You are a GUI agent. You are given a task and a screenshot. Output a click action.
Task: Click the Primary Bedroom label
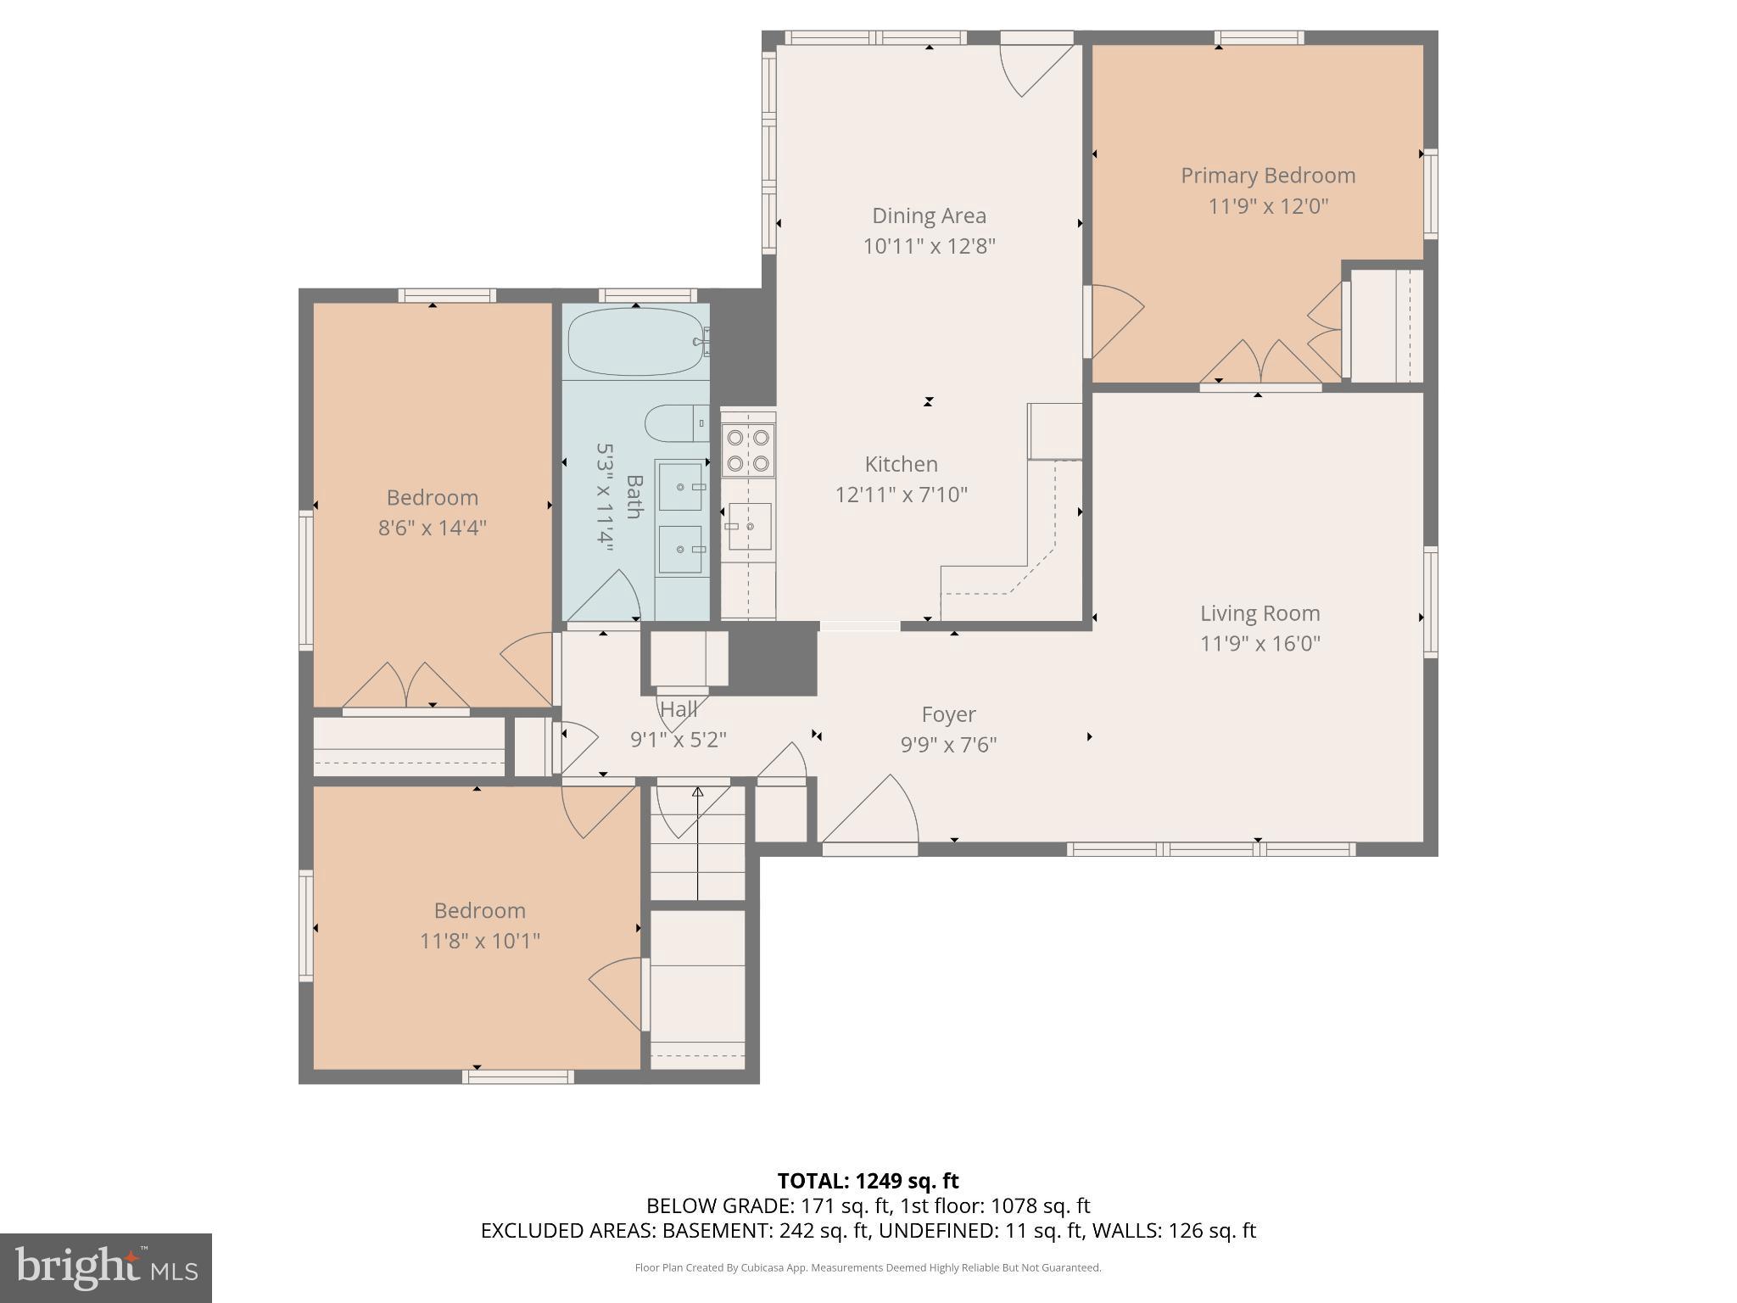point(1268,176)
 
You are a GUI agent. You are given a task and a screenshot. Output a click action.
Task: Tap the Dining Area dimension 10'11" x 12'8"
point(929,246)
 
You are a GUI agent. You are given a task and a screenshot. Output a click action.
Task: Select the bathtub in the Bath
point(636,341)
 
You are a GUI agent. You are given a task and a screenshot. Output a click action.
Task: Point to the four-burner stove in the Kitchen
point(748,450)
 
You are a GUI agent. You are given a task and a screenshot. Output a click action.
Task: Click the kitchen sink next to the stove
point(748,526)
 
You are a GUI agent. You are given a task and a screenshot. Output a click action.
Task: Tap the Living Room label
point(1259,613)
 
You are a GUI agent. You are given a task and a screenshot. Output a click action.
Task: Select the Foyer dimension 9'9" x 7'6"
point(948,744)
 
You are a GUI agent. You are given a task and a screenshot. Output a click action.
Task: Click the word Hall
point(679,709)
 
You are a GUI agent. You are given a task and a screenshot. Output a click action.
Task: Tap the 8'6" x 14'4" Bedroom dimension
point(432,528)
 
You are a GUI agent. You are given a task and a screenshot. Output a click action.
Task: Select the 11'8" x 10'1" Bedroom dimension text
point(479,941)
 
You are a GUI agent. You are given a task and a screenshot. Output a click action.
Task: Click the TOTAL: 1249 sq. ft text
point(868,1181)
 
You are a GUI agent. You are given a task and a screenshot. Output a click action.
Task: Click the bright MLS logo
point(106,1267)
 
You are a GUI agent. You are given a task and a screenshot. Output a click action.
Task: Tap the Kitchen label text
point(901,464)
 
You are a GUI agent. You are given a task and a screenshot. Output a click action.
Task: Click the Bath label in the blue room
point(634,496)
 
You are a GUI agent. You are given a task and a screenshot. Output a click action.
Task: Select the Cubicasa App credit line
point(868,1267)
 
